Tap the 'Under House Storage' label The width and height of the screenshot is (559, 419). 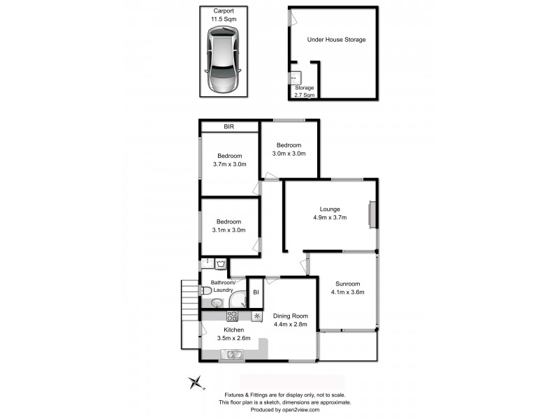point(336,40)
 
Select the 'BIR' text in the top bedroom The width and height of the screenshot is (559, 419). point(228,127)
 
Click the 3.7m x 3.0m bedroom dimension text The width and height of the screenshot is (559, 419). point(229,165)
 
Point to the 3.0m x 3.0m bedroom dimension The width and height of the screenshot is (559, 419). point(289,154)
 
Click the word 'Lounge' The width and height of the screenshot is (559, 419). point(330,209)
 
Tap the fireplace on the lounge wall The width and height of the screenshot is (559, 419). point(372,214)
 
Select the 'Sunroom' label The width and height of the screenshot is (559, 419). point(347,284)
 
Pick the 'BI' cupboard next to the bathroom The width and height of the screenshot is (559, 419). point(256,292)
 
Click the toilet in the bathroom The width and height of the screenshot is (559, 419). point(205,290)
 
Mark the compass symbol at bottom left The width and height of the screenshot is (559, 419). point(196,382)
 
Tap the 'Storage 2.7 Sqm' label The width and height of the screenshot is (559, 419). point(304,91)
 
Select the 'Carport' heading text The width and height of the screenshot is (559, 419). point(224,11)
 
